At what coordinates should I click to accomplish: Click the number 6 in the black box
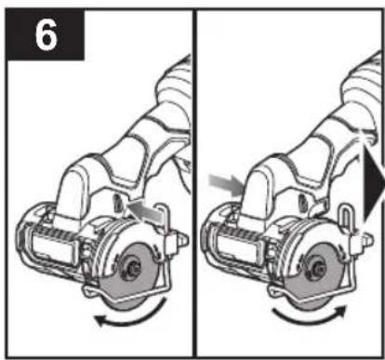(x=46, y=34)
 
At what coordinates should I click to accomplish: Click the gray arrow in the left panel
(x=145, y=212)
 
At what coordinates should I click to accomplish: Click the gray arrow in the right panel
(x=225, y=185)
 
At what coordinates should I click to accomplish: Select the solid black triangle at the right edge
(x=374, y=185)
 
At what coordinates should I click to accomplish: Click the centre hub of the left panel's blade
(x=134, y=266)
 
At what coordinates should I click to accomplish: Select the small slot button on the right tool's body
(x=301, y=204)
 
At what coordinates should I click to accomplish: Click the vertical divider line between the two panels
(x=194, y=183)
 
